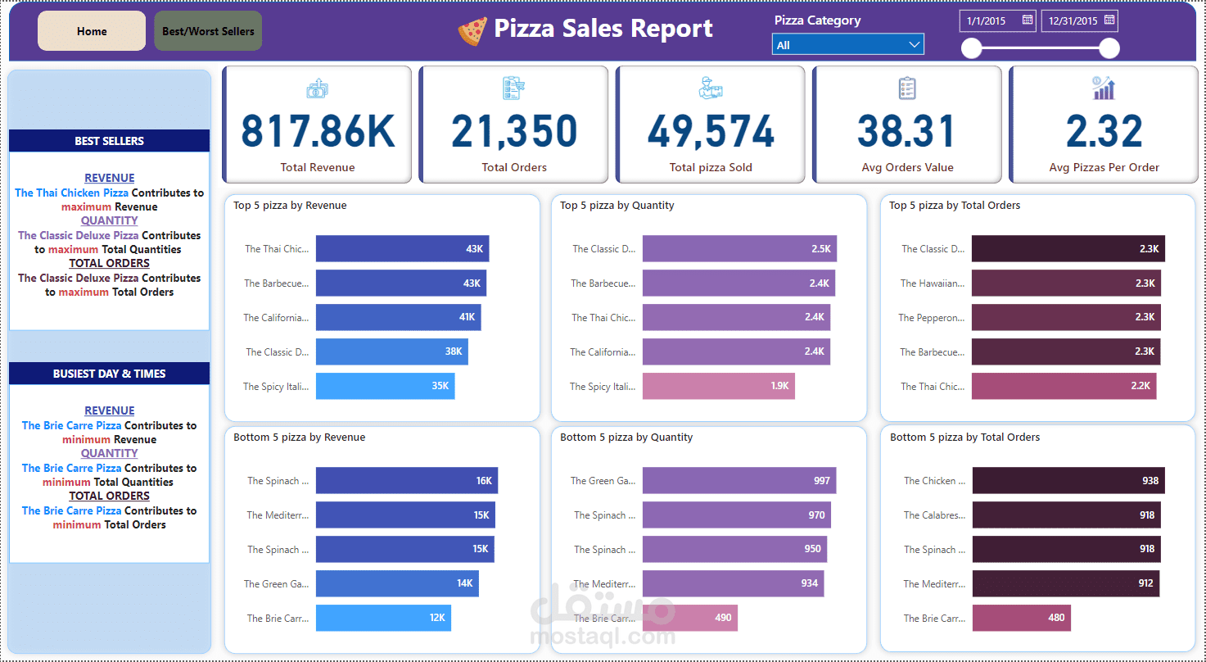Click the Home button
click(92, 31)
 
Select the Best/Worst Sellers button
click(208, 31)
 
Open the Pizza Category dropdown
click(847, 45)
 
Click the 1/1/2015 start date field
click(989, 21)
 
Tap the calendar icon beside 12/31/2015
click(1109, 20)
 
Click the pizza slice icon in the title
click(472, 31)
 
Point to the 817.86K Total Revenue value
click(318, 131)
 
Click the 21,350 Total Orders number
click(514, 131)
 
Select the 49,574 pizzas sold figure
click(711, 131)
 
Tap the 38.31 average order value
click(907, 131)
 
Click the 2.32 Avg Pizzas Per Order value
click(1104, 131)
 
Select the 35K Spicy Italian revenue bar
click(385, 386)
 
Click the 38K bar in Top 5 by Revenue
click(391, 351)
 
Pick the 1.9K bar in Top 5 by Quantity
click(718, 386)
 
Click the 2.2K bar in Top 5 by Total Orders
click(1064, 386)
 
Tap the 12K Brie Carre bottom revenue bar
click(383, 618)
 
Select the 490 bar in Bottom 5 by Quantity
click(689, 618)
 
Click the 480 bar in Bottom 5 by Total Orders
click(1021, 618)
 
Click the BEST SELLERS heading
click(109, 141)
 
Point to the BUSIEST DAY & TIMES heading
click(109, 374)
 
